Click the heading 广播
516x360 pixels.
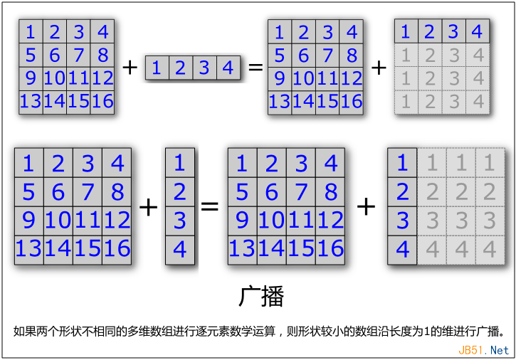[261, 296]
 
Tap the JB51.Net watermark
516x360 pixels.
[483, 350]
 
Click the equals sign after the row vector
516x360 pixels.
[256, 68]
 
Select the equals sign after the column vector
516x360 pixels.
[210, 206]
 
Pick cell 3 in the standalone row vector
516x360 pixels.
[204, 68]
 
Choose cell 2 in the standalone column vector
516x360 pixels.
[180, 192]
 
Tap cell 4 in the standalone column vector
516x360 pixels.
[180, 250]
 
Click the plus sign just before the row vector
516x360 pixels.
[130, 68]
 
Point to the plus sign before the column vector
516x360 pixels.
[149, 207]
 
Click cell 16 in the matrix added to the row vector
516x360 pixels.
[102, 102]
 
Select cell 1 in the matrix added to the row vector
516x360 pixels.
[31, 31]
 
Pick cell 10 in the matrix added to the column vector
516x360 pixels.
[58, 221]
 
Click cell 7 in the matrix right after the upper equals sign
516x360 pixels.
[327, 55]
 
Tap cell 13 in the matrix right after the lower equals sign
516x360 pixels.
[243, 250]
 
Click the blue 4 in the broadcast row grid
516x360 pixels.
[478, 31]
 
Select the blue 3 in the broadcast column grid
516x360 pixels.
[402, 221]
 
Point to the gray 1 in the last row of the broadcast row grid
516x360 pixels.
[406, 102]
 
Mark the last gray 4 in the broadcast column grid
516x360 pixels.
[490, 250]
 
